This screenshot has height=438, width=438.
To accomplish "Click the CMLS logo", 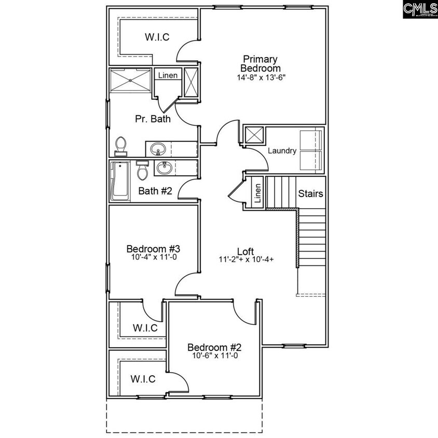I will pos(419,10).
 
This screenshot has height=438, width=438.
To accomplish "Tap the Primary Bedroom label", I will pos(260,64).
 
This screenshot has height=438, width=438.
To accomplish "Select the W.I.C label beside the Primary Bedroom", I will pos(157,36).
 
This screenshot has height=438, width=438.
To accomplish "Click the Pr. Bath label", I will pos(153,119).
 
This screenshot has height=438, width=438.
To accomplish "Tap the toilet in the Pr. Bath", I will pos(120,146).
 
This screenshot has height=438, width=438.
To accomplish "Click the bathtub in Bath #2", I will pos(120,181).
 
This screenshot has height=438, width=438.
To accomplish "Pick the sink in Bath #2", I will pos(164,168).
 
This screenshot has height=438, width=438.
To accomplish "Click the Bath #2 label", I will pos(155,191).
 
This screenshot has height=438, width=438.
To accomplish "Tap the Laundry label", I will pos(282,151).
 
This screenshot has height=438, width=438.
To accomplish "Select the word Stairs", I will pos(311,194).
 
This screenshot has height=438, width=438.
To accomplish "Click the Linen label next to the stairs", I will pos(257,193).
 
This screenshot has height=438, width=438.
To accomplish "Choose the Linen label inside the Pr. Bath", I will pos(168,76).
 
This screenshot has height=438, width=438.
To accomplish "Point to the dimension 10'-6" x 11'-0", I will pos(214,356).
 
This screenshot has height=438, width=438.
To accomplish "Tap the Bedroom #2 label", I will pos(214,347).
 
